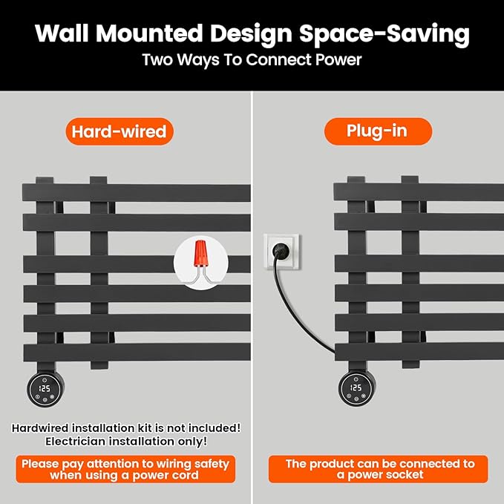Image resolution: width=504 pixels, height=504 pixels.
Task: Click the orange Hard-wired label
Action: coord(120,131)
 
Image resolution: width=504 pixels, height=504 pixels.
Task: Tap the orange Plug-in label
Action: coord(378,131)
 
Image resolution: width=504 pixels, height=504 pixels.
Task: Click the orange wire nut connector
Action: coord(201,253)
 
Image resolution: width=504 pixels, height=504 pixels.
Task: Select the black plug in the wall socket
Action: coord(281,250)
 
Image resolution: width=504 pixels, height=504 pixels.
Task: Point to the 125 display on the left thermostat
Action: coord(45,388)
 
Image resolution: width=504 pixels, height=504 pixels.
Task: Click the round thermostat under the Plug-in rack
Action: coord(357,389)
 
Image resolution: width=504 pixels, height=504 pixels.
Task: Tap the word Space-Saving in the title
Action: coord(384,33)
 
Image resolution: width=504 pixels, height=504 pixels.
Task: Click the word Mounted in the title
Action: coord(149,33)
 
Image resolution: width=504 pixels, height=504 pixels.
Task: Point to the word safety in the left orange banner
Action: coord(212,464)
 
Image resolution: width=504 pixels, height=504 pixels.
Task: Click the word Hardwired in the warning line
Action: coord(40,428)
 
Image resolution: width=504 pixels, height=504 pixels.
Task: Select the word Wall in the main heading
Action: coord(62,33)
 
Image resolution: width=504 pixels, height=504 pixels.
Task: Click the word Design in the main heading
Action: coord(251,33)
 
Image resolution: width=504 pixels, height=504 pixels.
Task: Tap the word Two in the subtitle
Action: coord(157,60)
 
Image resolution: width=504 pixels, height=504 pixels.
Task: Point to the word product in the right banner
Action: coord(331,464)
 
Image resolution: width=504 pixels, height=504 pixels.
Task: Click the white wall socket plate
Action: coord(281,252)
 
